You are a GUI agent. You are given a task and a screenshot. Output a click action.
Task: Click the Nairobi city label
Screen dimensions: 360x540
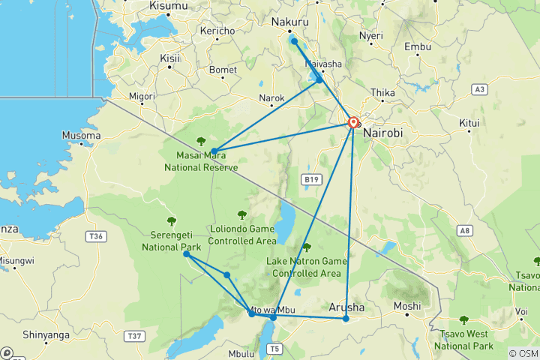[x=384, y=133]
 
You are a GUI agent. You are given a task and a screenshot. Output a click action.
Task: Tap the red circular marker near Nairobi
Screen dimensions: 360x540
[x=352, y=121]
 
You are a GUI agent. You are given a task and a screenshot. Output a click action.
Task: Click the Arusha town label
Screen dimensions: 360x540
[x=346, y=307]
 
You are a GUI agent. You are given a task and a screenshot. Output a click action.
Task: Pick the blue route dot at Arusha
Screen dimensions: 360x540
[x=346, y=319]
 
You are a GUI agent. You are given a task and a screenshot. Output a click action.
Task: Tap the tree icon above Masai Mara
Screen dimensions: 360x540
[x=201, y=141]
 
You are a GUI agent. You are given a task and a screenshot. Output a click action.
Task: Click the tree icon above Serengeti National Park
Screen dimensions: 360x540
[x=172, y=220]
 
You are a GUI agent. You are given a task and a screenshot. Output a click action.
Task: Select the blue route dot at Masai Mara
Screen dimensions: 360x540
[x=214, y=151]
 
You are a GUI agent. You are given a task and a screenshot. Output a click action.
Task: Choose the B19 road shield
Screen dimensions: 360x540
[x=311, y=179]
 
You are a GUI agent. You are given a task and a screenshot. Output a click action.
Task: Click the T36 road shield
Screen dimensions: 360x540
[x=95, y=235]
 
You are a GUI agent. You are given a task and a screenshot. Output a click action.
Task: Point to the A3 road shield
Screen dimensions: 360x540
[x=481, y=89]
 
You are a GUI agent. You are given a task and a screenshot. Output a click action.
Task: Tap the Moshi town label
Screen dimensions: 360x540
[x=407, y=307]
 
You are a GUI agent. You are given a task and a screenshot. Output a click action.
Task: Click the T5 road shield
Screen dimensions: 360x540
[x=275, y=348]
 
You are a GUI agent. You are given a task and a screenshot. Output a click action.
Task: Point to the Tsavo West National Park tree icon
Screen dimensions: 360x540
[x=464, y=319]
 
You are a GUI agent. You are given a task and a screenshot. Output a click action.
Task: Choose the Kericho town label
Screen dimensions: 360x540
[x=217, y=31]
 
